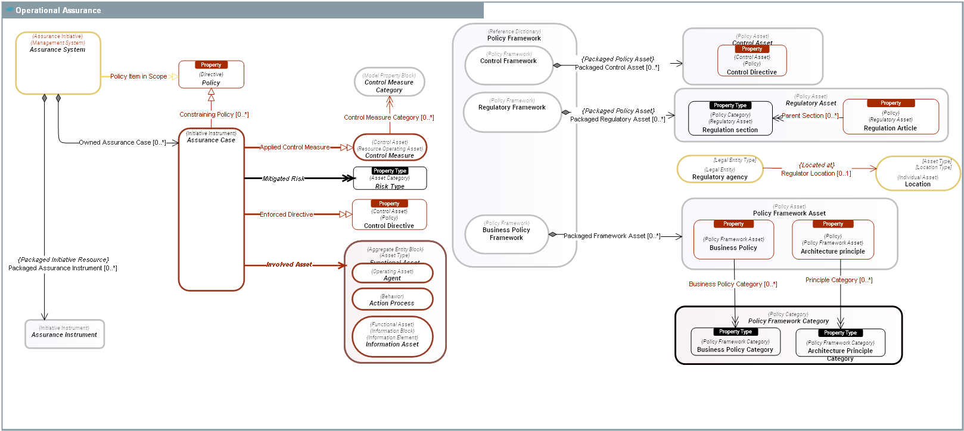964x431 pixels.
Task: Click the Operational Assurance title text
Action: point(58,10)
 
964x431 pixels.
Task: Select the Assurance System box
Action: point(58,63)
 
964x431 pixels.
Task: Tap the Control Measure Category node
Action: point(389,82)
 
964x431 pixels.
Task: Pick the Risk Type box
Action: point(390,179)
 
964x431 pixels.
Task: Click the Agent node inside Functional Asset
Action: point(392,274)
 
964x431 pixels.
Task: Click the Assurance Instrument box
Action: point(64,334)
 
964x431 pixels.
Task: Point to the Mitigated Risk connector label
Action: point(284,179)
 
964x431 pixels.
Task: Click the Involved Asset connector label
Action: point(289,264)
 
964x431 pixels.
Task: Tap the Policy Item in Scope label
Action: point(138,76)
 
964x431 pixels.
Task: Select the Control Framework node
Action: point(508,65)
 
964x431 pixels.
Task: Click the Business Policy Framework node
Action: point(506,234)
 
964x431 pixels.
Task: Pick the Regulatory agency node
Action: point(720,170)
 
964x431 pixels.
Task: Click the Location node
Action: point(918,174)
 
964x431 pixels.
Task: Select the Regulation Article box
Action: point(890,117)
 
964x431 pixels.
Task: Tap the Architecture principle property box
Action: point(832,240)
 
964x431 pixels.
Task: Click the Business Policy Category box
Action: point(735,343)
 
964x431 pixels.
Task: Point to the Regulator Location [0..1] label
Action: point(816,173)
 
